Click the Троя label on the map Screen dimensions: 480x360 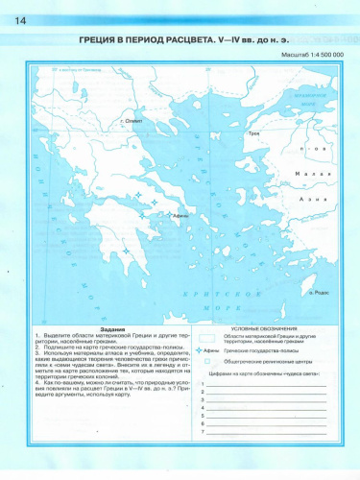click(x=254, y=134)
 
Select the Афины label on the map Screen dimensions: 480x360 click(x=179, y=216)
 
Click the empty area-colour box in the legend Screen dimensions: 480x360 click(x=206, y=338)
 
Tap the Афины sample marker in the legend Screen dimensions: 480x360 click(x=207, y=351)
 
